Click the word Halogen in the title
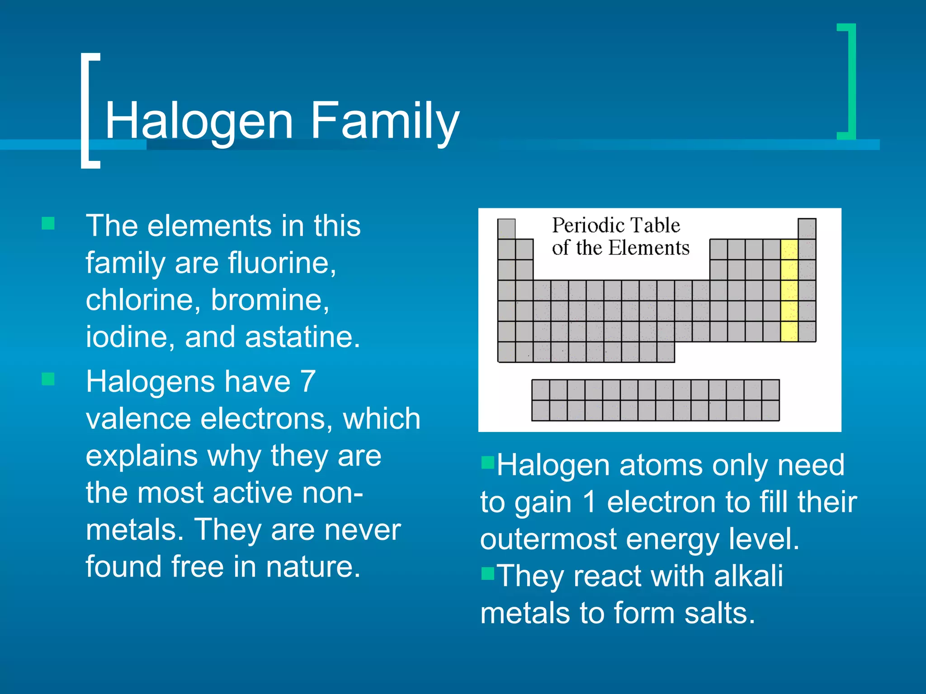point(199,121)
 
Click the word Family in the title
point(384,121)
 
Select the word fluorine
point(280,263)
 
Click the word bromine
point(269,300)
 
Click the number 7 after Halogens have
point(308,382)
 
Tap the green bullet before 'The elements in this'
point(48,223)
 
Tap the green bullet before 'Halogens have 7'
point(48,379)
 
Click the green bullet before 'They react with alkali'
point(488,573)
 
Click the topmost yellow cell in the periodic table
point(789,249)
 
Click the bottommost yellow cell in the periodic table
point(789,332)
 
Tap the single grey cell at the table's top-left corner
point(506,229)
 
